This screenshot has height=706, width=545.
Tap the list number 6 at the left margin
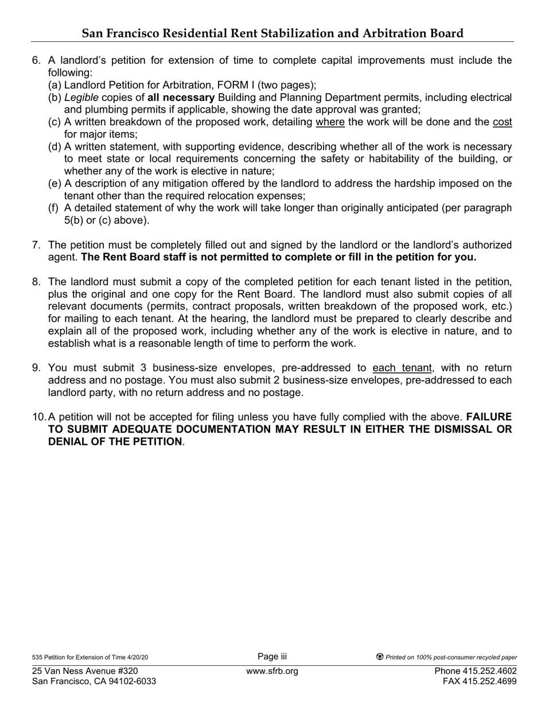click(x=36, y=61)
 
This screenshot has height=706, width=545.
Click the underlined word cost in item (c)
click(x=502, y=122)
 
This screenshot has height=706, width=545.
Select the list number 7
click(x=36, y=245)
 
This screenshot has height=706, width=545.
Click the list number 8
click(x=36, y=282)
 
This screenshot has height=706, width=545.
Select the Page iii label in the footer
click(x=272, y=657)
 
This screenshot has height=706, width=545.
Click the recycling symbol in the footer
click(x=380, y=657)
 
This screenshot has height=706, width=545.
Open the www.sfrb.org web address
click(x=272, y=671)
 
